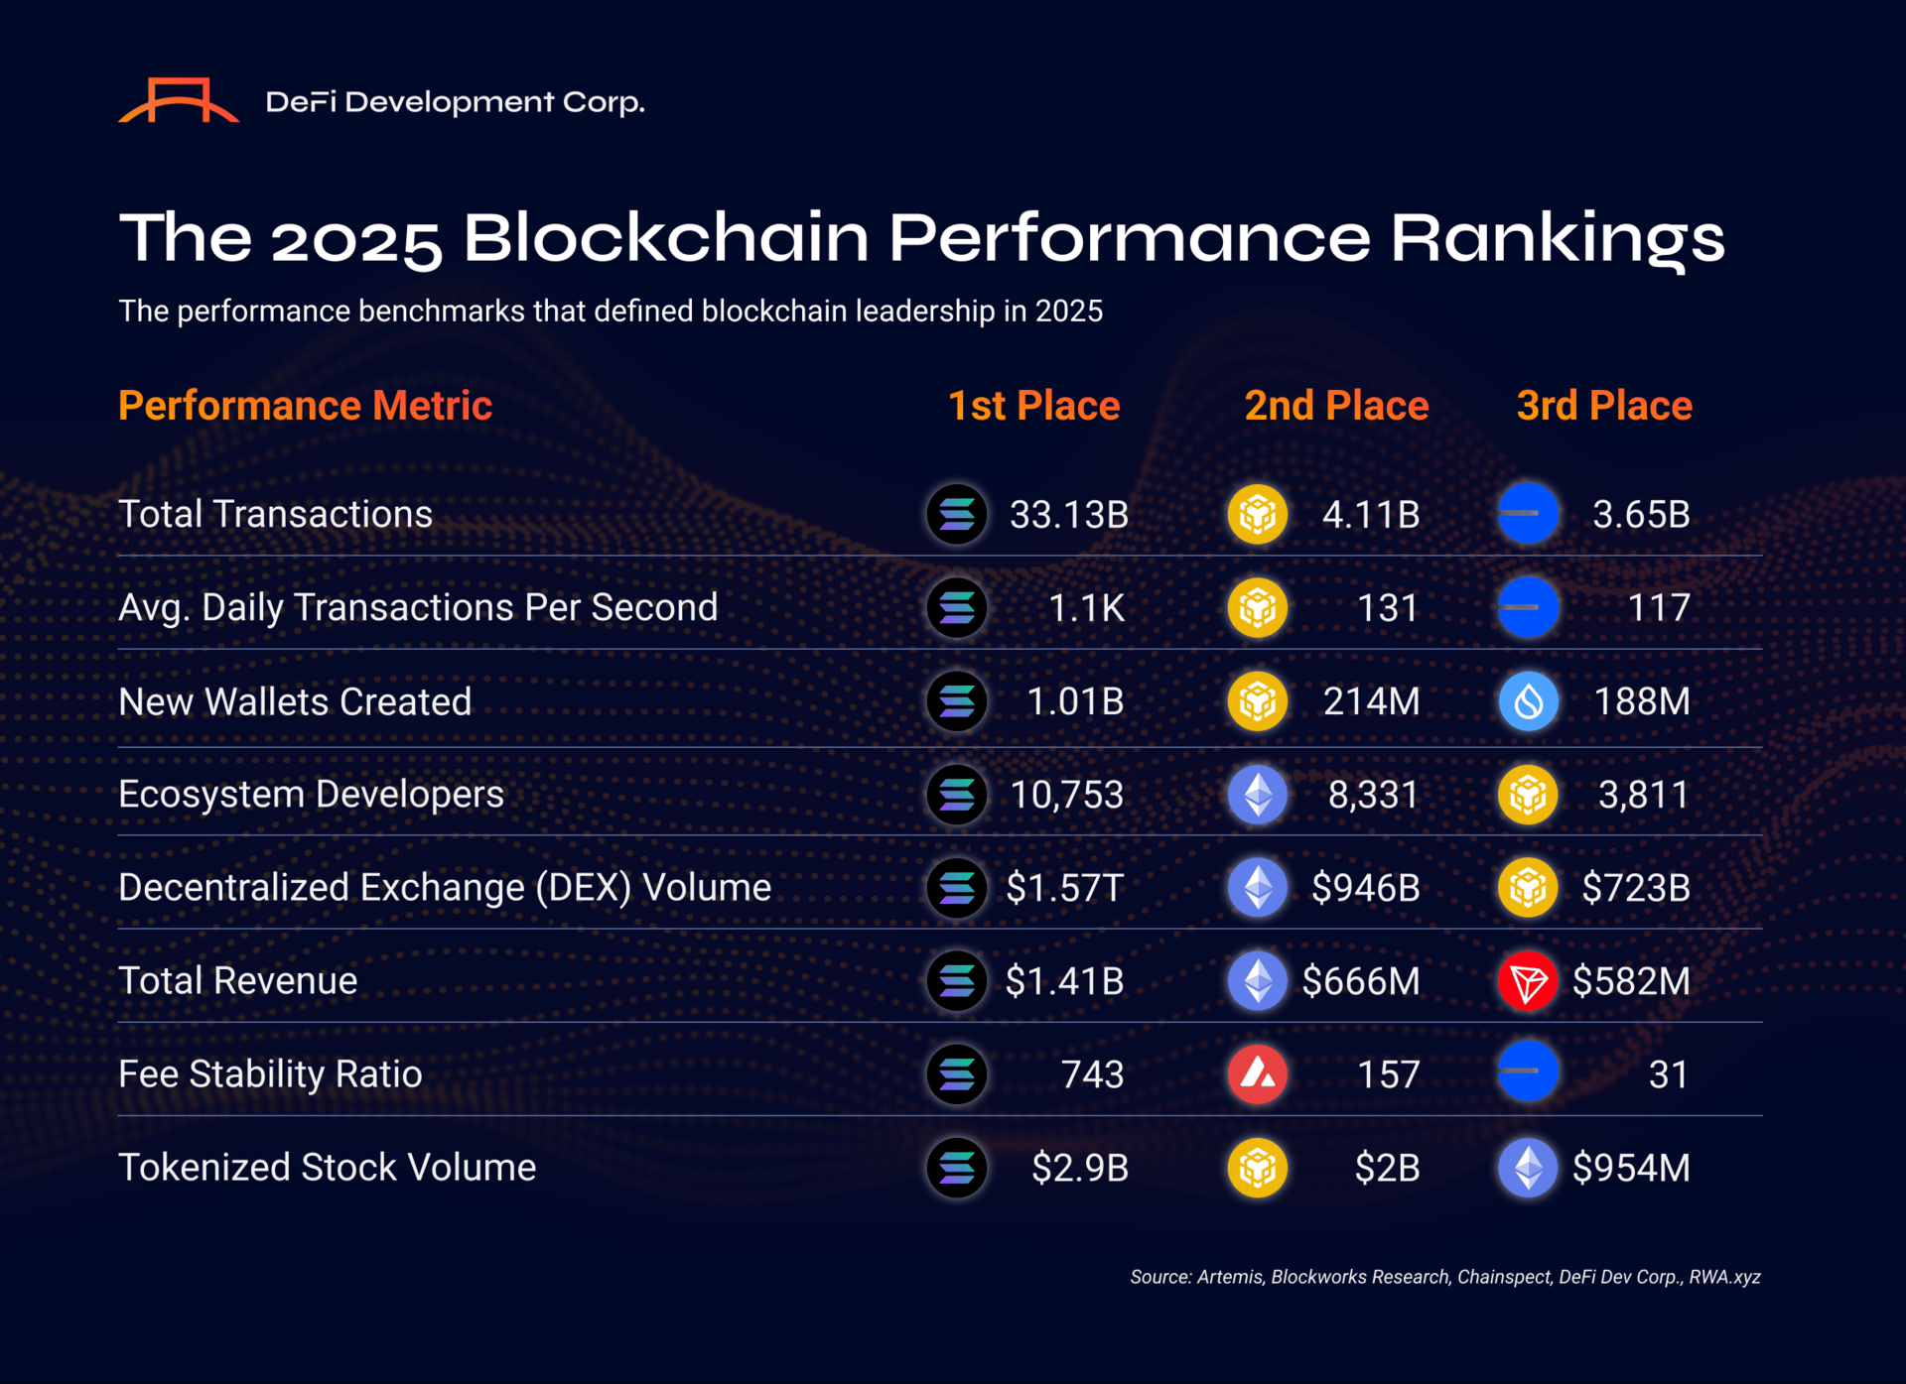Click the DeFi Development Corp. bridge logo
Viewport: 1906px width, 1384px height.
179,100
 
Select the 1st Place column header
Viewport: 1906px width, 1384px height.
1033,406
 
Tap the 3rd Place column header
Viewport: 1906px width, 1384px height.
1604,406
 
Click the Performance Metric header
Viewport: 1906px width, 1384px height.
305,406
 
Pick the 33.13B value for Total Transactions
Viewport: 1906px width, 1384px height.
1069,515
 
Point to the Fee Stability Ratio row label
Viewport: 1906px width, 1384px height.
270,1074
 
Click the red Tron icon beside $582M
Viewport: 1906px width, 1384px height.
1527,981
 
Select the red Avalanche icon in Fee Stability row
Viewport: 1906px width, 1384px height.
1258,1074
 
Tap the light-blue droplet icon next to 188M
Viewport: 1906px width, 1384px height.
1528,701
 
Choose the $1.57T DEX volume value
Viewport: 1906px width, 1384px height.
1064,888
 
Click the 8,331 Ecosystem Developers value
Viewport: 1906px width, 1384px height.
1373,795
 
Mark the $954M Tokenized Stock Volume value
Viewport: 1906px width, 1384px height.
1631,1168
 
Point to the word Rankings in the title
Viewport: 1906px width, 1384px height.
1557,239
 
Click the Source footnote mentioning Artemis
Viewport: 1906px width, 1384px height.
1444,1277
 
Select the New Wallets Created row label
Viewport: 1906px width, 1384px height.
295,701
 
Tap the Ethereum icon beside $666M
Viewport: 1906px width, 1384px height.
1258,981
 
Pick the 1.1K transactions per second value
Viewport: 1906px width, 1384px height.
1086,608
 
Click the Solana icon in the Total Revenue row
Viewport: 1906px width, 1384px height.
957,981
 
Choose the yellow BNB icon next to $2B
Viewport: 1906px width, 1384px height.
1258,1168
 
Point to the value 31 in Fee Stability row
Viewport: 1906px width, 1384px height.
1668,1074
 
